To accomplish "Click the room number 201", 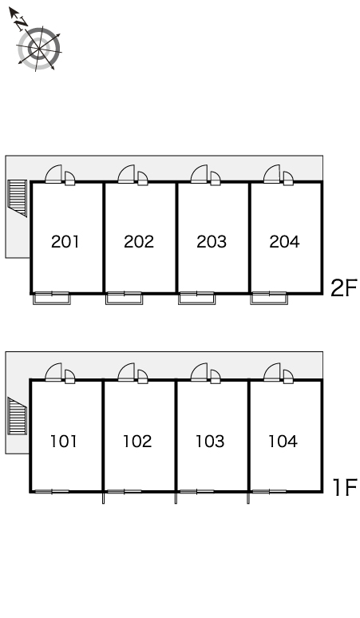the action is tap(65, 242).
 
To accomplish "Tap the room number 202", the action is tap(139, 242).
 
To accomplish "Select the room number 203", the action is tap(212, 242).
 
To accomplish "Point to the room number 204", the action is tap(284, 242).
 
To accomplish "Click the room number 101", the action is tap(64, 442).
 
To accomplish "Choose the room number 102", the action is tap(137, 442).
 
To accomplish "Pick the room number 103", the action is tap(210, 442).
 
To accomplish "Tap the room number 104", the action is tap(283, 442).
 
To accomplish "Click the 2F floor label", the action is tap(344, 287).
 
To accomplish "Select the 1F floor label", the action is tap(345, 487).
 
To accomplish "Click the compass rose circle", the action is tap(39, 49).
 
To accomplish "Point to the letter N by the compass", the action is tap(22, 24).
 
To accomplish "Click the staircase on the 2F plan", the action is tap(18, 198).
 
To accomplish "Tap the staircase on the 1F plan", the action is tap(18, 416).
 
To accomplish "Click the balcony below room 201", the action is tap(52, 299).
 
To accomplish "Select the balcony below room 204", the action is tap(269, 299).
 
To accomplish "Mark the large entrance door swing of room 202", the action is tap(126, 174).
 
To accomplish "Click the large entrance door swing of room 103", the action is tap(199, 372).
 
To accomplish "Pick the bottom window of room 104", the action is tap(270, 492).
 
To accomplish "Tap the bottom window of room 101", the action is tap(52, 492).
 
